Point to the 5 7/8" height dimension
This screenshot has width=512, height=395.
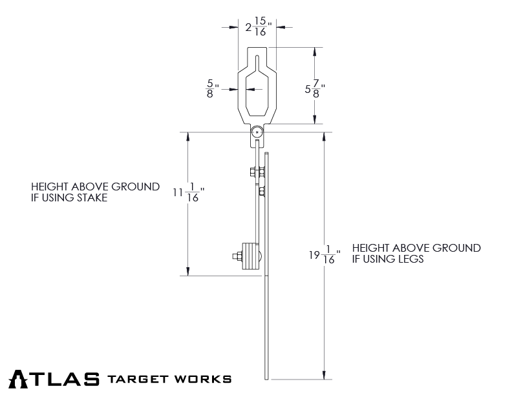[x=315, y=89]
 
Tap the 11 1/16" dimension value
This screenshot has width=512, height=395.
[x=189, y=192]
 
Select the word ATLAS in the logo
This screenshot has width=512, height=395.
[x=54, y=378]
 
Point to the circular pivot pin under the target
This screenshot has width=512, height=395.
[x=257, y=132]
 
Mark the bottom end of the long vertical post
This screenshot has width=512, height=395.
[x=267, y=378]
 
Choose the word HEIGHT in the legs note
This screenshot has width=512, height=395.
[x=369, y=248]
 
